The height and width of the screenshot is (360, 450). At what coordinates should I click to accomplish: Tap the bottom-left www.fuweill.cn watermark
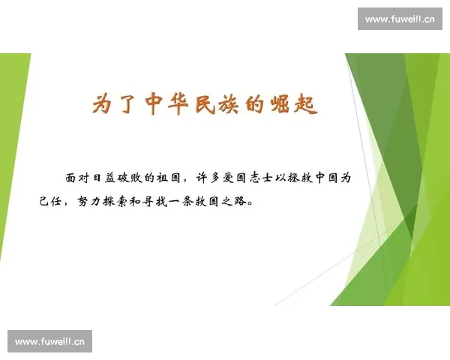(x=50, y=342)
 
